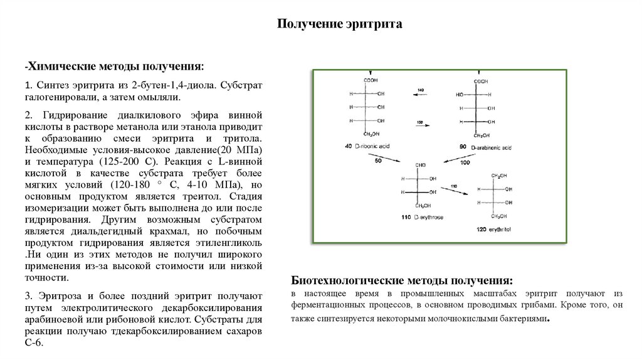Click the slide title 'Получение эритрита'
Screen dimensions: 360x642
click(339, 24)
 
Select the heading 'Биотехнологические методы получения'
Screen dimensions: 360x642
click(402, 280)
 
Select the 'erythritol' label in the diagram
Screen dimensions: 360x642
click(500, 230)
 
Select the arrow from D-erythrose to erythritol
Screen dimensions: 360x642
click(456, 191)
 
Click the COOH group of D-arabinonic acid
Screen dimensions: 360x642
click(481, 81)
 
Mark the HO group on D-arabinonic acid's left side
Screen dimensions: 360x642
click(460, 95)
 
